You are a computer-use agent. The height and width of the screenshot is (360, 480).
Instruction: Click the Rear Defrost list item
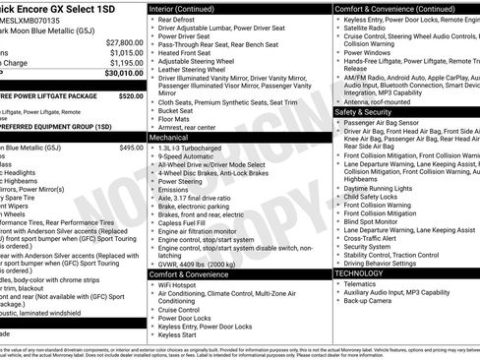(176, 19)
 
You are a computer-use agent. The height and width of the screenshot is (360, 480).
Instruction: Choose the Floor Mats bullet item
(176, 118)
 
